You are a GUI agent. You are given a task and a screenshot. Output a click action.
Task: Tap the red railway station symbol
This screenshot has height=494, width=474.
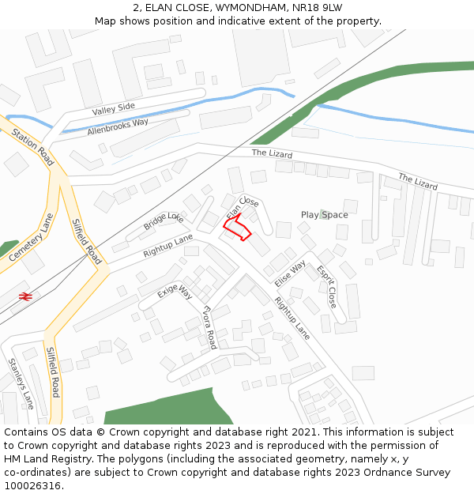point(25,296)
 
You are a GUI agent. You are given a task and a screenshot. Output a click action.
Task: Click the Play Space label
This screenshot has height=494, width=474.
point(324,215)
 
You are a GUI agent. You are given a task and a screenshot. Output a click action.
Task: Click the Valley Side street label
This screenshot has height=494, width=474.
point(113,109)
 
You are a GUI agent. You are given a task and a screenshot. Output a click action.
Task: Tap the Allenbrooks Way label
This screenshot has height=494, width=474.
point(118,126)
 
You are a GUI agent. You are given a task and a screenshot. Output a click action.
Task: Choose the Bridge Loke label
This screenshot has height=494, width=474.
point(164,221)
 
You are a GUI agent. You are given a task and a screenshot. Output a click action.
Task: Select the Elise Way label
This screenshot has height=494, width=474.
point(290,273)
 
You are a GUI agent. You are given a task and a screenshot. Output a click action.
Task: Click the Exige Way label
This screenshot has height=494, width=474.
point(175,292)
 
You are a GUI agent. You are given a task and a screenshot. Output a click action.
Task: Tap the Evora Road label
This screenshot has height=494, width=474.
point(209,327)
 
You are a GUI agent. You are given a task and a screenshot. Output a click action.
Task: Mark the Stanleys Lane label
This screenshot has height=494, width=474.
point(21,383)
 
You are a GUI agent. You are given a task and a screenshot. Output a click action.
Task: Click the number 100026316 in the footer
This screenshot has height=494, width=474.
point(32,486)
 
